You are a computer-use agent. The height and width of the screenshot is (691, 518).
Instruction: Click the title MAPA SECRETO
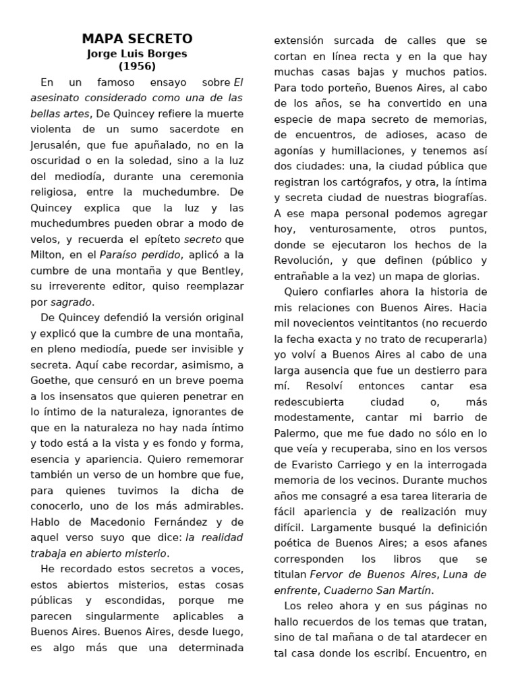(137, 38)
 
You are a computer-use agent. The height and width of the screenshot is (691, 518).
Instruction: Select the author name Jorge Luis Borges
(137, 53)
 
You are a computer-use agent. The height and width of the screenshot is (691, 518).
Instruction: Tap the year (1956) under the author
(137, 66)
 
